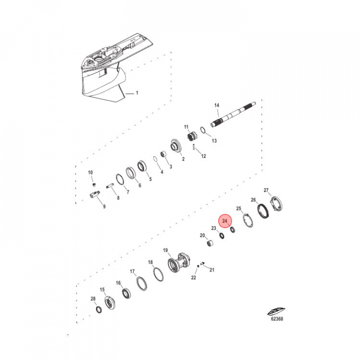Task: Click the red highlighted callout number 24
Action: [x=224, y=221]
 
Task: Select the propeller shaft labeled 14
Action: [x=233, y=114]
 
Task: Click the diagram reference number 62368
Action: [x=277, y=318]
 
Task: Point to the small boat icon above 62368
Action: [x=276, y=311]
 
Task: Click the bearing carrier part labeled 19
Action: [x=179, y=262]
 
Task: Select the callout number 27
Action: [x=266, y=190]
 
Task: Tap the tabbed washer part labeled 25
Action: [x=248, y=220]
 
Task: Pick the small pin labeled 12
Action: [x=194, y=146]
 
